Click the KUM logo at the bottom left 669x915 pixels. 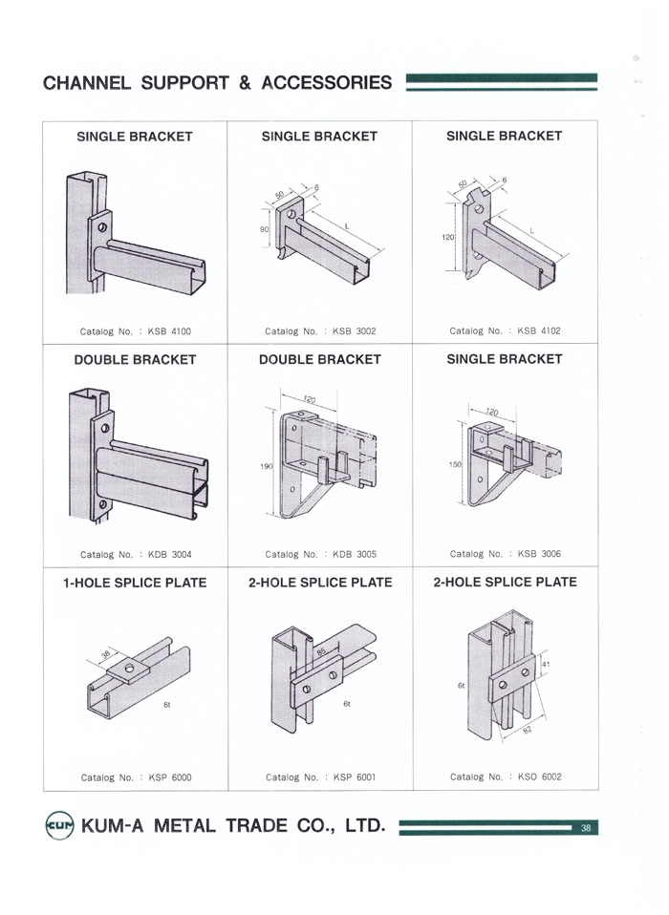pos(59,825)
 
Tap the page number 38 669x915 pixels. pos(586,827)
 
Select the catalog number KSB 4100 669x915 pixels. pos(169,331)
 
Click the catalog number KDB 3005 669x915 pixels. pos(355,554)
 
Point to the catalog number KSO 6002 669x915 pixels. pos(539,777)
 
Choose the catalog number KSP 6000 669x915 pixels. pos(170,777)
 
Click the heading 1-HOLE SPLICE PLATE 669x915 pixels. pos(135,583)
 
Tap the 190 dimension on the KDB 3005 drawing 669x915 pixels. pos(267,466)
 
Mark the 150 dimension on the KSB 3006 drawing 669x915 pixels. pos(455,464)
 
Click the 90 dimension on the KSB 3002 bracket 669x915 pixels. pos(264,229)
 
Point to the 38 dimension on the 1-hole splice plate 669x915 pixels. pos(106,654)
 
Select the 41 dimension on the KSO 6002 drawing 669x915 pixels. pos(546,664)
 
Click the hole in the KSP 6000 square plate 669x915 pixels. pos(129,668)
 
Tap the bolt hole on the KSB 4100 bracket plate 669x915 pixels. pos(102,227)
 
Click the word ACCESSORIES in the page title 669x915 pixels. pos(326,82)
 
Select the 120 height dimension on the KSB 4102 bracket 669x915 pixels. pos(447,238)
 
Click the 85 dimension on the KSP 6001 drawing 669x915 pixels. pos(321,651)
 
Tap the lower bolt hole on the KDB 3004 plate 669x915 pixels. pos(103,504)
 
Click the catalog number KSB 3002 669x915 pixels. pos(355,331)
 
